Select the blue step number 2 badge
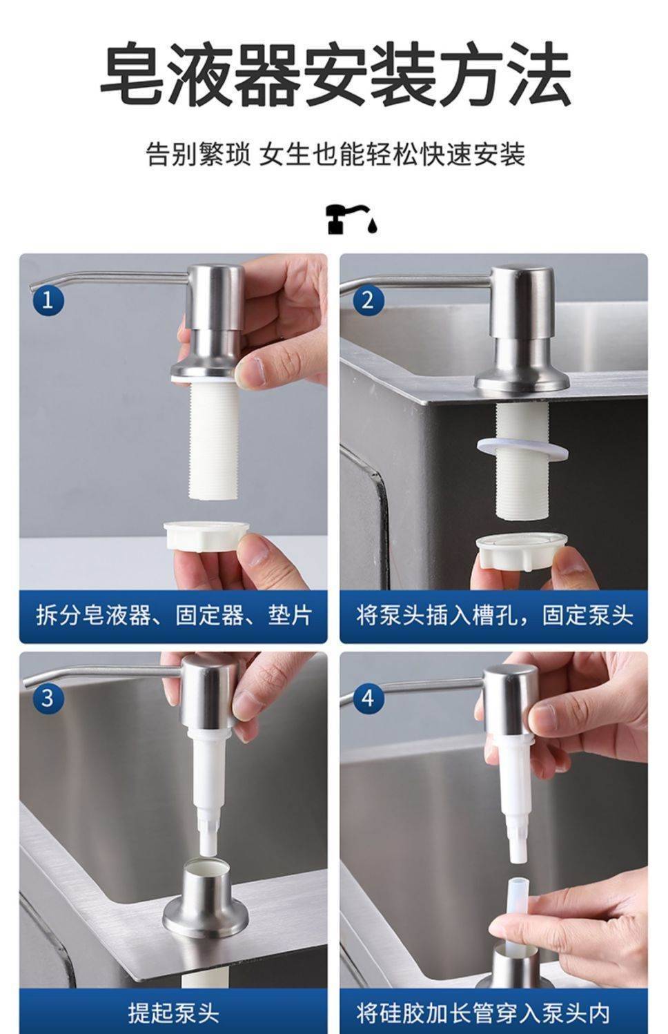click(x=368, y=300)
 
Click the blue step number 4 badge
click(x=368, y=697)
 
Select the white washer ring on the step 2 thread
click(x=522, y=449)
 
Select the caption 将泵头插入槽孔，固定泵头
click(x=494, y=615)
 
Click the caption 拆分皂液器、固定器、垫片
click(x=174, y=615)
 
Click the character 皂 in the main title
click(x=131, y=74)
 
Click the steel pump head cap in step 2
click(x=522, y=302)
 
